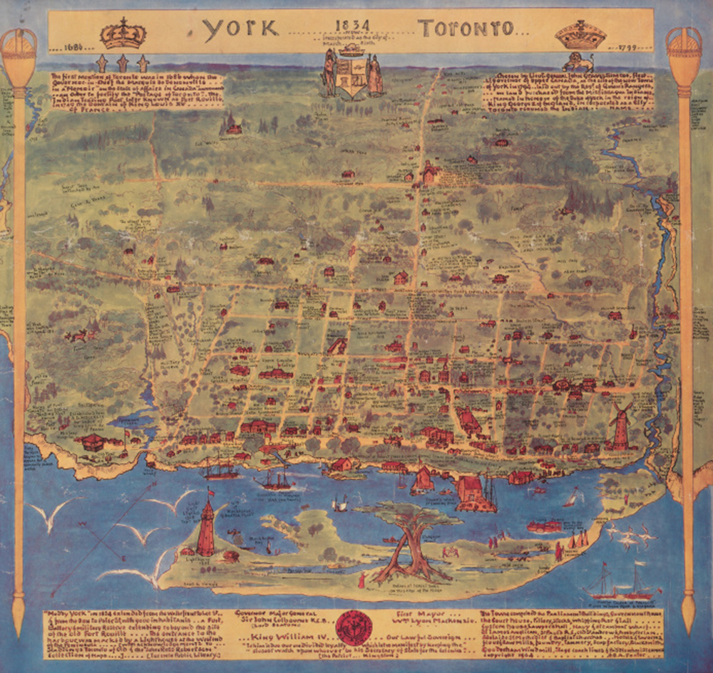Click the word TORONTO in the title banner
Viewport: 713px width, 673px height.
(464, 29)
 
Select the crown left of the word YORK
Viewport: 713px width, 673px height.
(123, 33)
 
